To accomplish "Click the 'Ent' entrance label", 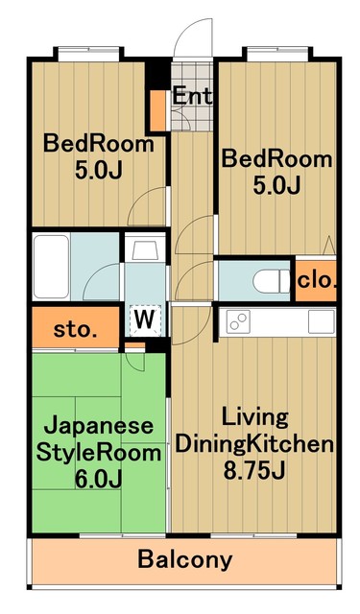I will pyautogui.click(x=193, y=96).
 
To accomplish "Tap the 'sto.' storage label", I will pyautogui.click(x=73, y=330).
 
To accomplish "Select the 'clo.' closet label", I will pyautogui.click(x=315, y=280).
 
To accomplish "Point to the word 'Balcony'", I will pyautogui.click(x=185, y=559).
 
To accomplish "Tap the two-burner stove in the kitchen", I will pyautogui.click(x=237, y=321).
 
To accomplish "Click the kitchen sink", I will pyautogui.click(x=320, y=320).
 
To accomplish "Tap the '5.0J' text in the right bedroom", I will pyautogui.click(x=276, y=184).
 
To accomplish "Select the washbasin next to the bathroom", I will pyautogui.click(x=146, y=252).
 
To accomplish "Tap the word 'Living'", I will pyautogui.click(x=254, y=417).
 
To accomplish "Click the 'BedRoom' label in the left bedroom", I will pyautogui.click(x=100, y=145).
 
